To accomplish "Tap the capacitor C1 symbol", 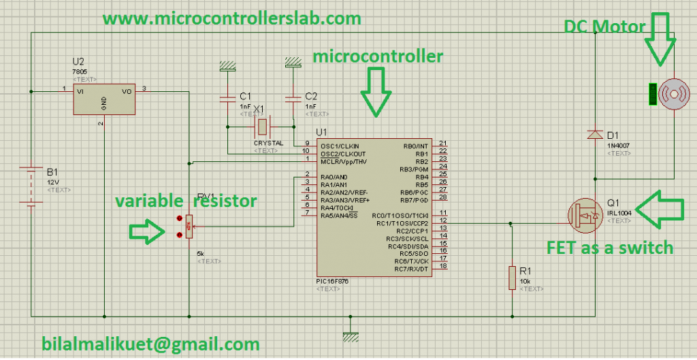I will pos(226,99).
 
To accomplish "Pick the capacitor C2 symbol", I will pos(292,99).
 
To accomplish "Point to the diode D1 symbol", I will pos(594,135).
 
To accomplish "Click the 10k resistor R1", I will pos(512,278).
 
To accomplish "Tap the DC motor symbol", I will pos(670,93).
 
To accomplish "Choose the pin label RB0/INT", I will pos(415,145).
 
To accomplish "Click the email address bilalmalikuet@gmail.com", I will pos(150,344).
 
